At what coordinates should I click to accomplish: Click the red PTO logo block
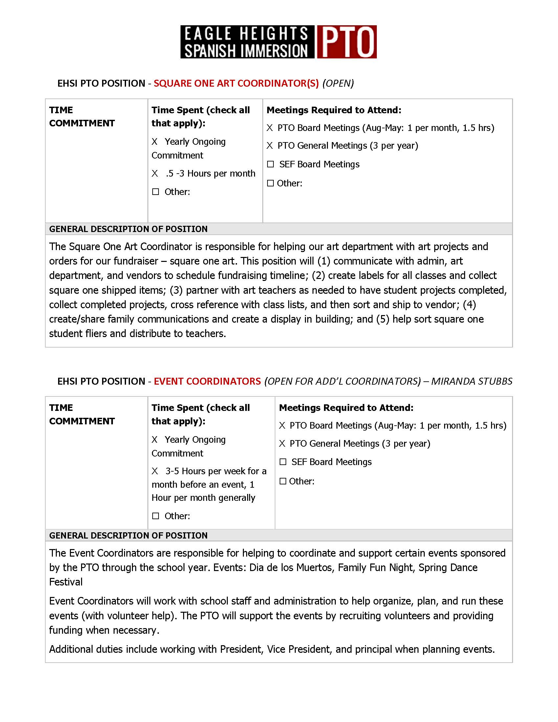pos(346,42)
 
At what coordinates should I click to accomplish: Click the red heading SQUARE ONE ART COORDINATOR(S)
pos(236,83)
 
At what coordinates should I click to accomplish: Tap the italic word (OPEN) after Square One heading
pos(338,83)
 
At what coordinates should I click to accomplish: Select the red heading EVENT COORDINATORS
pos(207,381)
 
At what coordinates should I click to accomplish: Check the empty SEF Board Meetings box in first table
pos(270,164)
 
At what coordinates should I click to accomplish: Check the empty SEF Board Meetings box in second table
pos(283,462)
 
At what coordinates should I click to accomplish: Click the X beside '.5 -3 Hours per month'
pos(155,174)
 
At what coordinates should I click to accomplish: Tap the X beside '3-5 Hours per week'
pos(155,471)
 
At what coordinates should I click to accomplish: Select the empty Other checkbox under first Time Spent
pos(156,192)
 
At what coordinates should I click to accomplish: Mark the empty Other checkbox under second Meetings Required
pos(283,481)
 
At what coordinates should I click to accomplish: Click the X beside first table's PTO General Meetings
pos(270,146)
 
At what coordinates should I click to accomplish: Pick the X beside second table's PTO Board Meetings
pos(282,425)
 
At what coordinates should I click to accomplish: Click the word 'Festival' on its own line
pos(66,582)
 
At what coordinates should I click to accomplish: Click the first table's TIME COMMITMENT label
pos(82,117)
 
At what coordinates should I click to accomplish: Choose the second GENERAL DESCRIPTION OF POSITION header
pos(128,535)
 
